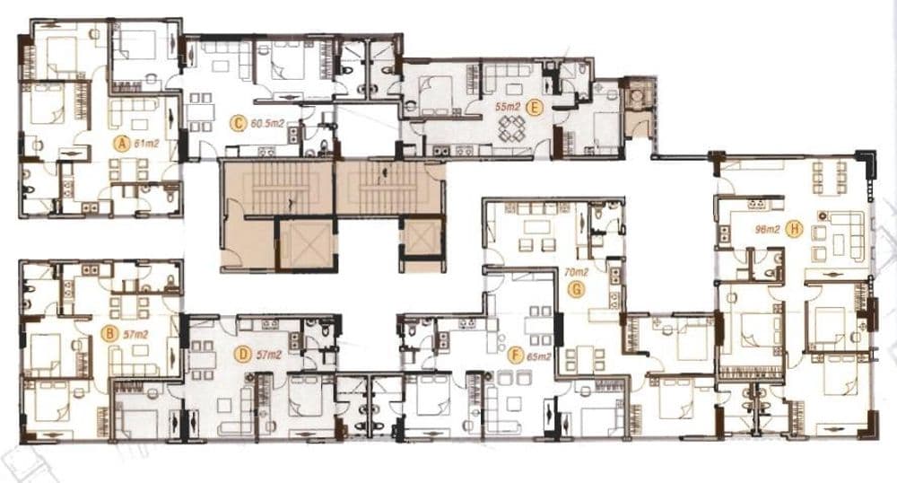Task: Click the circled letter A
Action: [120, 145]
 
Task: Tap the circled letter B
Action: [109, 333]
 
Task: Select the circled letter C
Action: [237, 122]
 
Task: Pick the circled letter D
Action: [244, 355]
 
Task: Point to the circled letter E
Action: [534, 107]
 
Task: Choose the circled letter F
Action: [516, 356]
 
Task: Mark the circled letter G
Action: [577, 290]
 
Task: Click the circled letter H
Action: [795, 230]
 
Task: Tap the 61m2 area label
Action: [145, 144]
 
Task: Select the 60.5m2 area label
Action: [267, 122]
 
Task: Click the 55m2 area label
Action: [508, 107]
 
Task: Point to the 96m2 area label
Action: [767, 230]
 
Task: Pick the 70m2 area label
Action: [576, 274]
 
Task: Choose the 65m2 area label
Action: [539, 356]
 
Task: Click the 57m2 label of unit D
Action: [268, 355]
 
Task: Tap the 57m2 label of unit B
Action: [135, 334]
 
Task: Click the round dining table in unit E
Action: [512, 129]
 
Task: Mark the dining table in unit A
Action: [127, 170]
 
